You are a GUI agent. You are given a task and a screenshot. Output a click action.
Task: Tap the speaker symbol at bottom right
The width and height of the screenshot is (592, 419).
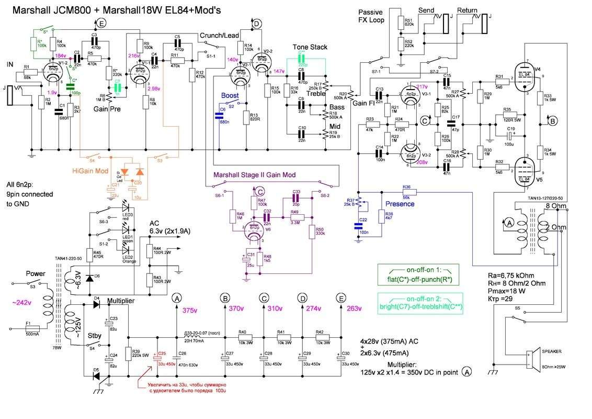(x=534, y=361)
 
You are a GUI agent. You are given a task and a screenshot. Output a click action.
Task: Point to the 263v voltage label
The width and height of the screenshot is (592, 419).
(x=354, y=308)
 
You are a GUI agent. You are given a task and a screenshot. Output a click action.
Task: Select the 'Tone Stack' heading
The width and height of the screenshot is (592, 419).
(x=310, y=47)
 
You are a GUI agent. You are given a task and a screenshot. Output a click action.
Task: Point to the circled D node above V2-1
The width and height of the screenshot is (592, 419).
(x=256, y=24)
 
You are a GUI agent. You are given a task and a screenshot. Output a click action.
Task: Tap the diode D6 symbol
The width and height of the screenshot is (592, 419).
(x=89, y=278)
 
